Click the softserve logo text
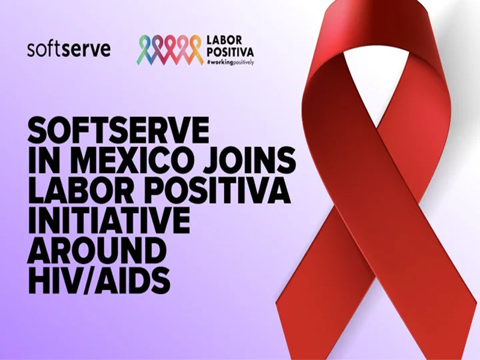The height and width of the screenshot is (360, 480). [69, 49]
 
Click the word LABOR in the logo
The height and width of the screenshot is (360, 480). [224, 40]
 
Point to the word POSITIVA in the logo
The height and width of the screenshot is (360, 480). [230, 52]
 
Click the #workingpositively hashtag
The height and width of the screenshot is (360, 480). [230, 62]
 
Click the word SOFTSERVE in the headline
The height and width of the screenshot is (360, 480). [118, 131]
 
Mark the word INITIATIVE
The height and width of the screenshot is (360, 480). [109, 221]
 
